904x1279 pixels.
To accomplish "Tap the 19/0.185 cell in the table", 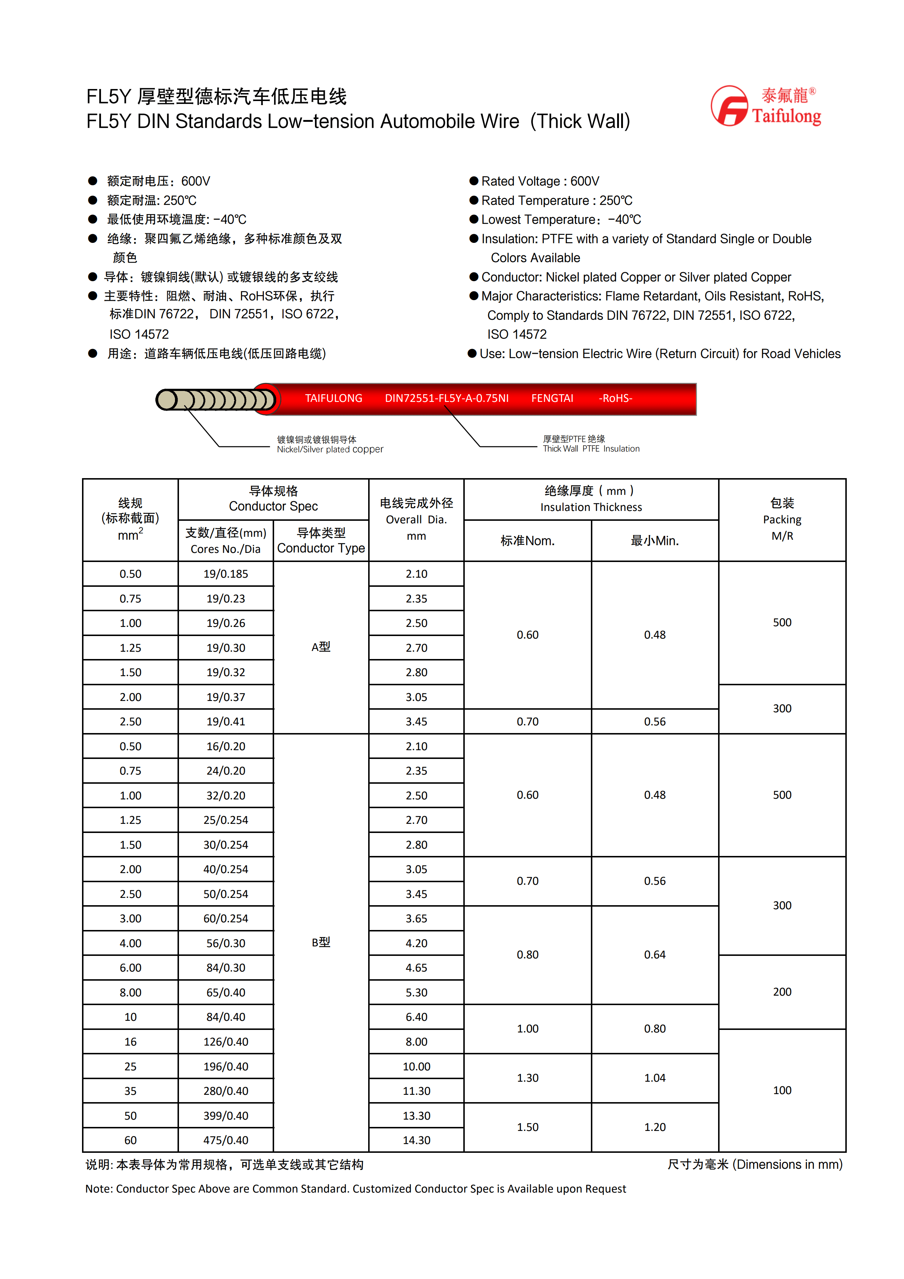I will pos(225,574).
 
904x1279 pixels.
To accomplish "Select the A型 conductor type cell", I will pos(321,647).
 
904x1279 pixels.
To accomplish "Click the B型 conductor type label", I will pos(321,942).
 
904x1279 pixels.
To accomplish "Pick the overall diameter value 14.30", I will pos(416,1140).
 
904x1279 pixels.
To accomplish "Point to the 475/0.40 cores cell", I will pos(225,1140).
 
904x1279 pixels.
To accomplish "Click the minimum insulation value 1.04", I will pos(655,1078).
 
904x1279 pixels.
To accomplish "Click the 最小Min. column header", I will pos(655,541).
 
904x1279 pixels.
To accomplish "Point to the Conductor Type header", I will pos(321,541).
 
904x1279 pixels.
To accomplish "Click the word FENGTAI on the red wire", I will pos(552,398).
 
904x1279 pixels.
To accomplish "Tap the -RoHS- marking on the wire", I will pos(616,398).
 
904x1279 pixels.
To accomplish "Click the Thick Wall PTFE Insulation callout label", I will pos(591,444).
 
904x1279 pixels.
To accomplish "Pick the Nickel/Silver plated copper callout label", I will pos(330,445).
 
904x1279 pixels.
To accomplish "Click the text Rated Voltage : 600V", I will pos(540,181).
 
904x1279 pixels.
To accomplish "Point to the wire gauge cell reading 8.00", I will pos(130,993).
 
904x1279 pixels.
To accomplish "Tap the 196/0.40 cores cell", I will pos(225,1066).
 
